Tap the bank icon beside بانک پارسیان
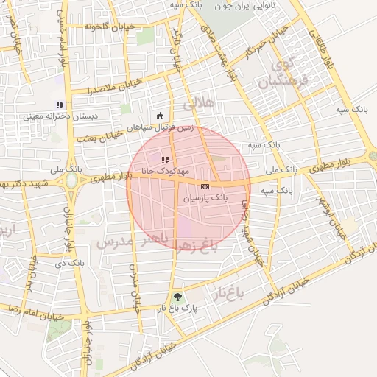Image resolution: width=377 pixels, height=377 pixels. pos(204,187)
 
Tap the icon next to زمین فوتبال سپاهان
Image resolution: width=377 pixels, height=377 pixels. pos(161,114)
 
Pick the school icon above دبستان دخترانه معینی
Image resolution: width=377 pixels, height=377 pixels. pos(60,105)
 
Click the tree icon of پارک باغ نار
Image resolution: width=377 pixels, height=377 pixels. pos(175,297)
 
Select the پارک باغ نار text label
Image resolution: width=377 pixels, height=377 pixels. pos(175,309)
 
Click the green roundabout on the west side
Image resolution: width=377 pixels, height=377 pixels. pos(72,180)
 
